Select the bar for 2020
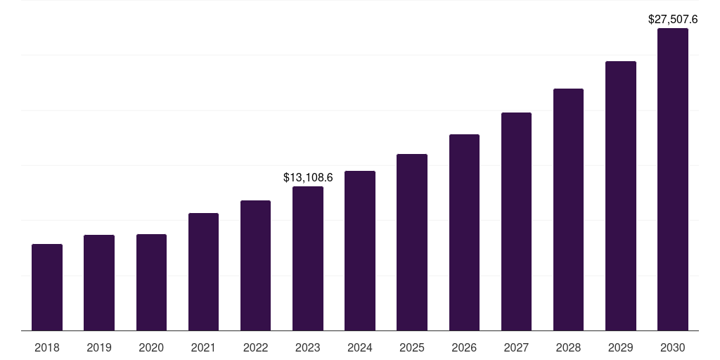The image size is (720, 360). click(151, 282)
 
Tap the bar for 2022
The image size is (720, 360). click(255, 265)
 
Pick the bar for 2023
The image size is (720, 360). click(308, 258)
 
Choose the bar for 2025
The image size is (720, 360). click(412, 242)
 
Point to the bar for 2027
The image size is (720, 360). click(516, 221)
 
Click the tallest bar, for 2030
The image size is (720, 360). click(673, 179)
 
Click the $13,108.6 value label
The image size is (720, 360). click(308, 177)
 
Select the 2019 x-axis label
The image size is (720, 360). click(99, 347)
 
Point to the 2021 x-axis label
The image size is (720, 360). click(203, 347)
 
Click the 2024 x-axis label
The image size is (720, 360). click(360, 347)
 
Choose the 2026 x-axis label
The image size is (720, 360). click(464, 347)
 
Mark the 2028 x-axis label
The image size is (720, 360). click(568, 347)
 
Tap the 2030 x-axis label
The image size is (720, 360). click(673, 347)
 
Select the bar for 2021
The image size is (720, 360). click(203, 271)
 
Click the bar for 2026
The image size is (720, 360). click(464, 232)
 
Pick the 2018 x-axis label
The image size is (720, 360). click(47, 347)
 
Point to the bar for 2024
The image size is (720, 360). click(360, 250)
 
